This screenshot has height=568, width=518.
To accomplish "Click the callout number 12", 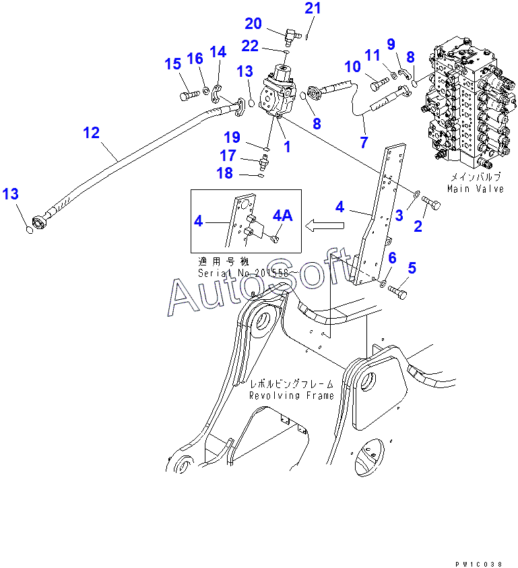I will (x=91, y=133).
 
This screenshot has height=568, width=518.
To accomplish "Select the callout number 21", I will (x=313, y=9).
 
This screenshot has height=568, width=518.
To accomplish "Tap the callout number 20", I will (x=253, y=24).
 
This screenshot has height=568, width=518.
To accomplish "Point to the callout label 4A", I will (x=282, y=216).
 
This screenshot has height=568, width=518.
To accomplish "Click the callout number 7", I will (x=364, y=142).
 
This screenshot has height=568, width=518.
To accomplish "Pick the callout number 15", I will (x=173, y=64).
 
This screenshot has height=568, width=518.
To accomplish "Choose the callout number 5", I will (x=412, y=268).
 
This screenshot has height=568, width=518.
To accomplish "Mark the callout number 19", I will (x=232, y=137).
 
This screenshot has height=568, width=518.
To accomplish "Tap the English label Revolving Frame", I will (x=291, y=396).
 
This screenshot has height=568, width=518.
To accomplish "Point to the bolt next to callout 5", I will (x=398, y=293).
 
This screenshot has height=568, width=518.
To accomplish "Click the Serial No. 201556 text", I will (x=243, y=273).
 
